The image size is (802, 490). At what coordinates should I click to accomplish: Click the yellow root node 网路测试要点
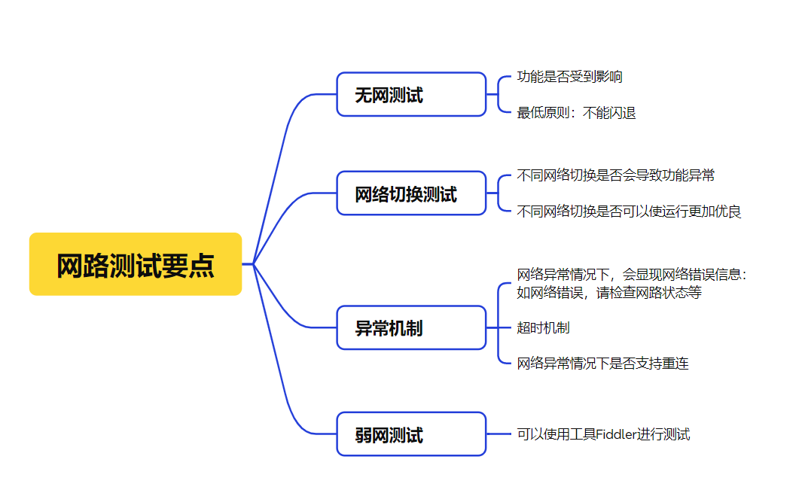tap(136, 264)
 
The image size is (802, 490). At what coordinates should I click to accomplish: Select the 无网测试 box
tap(411, 95)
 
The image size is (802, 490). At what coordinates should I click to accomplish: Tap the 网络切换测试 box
tap(411, 193)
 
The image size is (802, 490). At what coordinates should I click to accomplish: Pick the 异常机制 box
tap(411, 328)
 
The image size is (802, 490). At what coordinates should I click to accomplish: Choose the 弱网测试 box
tap(411, 434)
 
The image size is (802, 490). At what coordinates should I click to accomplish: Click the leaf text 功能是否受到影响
tap(569, 77)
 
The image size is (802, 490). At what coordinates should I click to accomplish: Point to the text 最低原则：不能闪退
tap(576, 113)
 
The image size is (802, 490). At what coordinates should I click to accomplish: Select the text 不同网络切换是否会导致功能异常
tap(615, 175)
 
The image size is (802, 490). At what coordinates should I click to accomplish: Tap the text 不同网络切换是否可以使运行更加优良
tap(629, 212)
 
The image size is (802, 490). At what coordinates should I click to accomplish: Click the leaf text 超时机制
tap(543, 327)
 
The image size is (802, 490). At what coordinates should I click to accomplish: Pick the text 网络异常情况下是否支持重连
tap(602, 364)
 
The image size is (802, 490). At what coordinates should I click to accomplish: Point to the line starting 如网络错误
tap(609, 293)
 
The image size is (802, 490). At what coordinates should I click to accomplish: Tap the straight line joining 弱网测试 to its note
tap(499, 434)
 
